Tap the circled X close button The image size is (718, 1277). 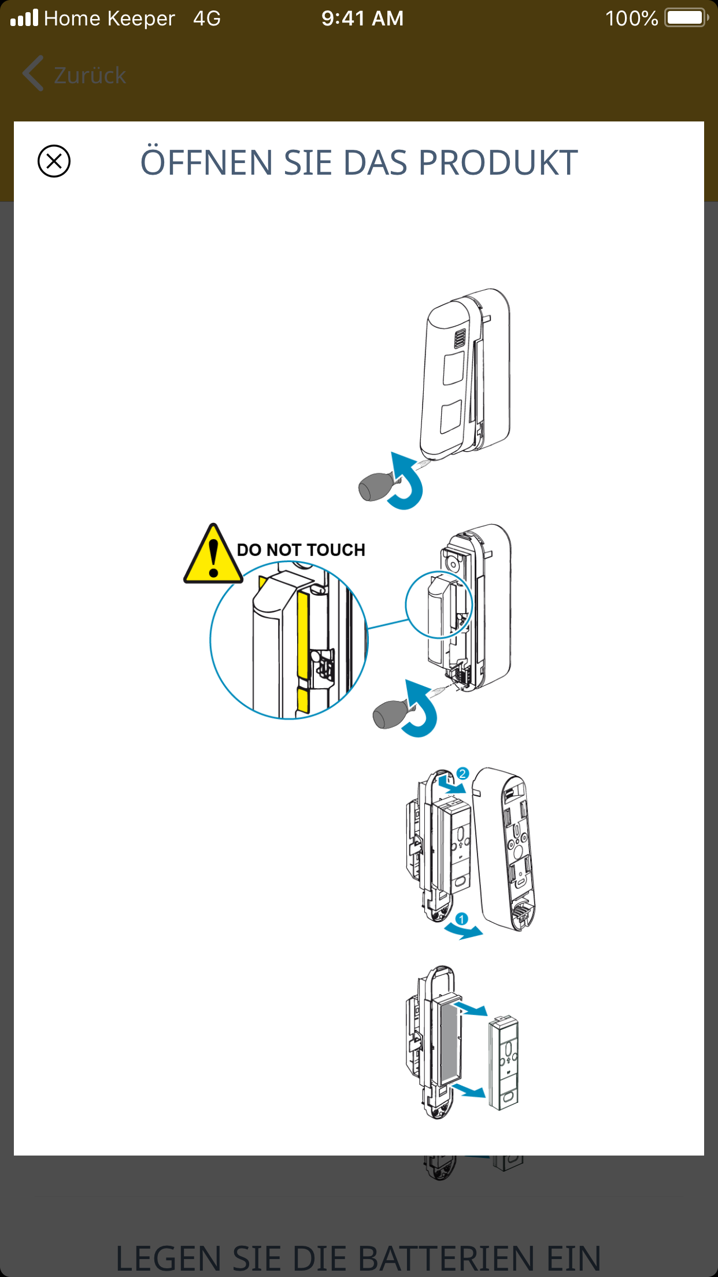coord(54,161)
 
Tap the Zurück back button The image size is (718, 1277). coord(75,75)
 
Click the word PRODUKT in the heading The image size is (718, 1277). coord(498,163)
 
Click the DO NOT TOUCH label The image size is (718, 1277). coord(301,549)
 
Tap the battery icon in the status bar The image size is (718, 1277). coord(686,18)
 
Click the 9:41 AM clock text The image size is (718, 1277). coord(362,19)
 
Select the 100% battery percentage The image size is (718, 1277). coord(631,19)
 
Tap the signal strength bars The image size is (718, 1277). coord(24,19)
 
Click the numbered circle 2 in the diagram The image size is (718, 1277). coord(462,773)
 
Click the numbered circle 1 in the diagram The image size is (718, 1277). coord(461,919)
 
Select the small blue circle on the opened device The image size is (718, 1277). coord(439,604)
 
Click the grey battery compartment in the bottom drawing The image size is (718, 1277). coord(449,1039)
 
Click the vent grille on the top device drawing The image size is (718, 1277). coord(460,339)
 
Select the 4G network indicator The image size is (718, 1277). coord(207,19)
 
